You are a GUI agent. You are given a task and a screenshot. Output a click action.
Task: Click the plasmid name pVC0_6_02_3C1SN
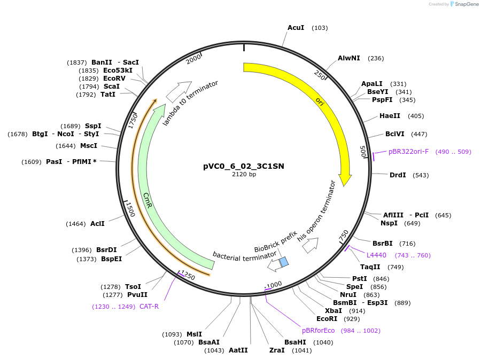[x=244, y=166]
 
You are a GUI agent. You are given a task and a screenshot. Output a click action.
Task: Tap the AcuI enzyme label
[x=296, y=27]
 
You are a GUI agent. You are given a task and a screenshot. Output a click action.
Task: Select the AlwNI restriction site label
[x=349, y=58]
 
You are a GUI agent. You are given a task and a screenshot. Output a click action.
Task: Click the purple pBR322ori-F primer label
[x=408, y=152]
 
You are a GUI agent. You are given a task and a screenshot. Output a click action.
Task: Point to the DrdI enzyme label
[x=398, y=175]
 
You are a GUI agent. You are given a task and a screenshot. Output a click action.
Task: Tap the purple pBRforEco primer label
[x=318, y=331]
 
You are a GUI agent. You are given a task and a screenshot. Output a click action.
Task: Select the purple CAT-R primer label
[x=149, y=307]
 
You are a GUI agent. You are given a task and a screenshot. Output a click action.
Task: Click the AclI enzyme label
[x=97, y=224]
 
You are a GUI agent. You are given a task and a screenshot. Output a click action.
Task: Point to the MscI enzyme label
[x=89, y=145]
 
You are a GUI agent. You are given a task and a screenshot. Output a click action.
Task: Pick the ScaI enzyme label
[x=112, y=86]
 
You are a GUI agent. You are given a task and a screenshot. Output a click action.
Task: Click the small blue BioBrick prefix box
[x=284, y=261]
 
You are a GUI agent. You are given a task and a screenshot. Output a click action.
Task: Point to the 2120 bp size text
[x=244, y=174]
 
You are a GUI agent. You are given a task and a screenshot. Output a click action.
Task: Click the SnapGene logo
[x=464, y=4]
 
